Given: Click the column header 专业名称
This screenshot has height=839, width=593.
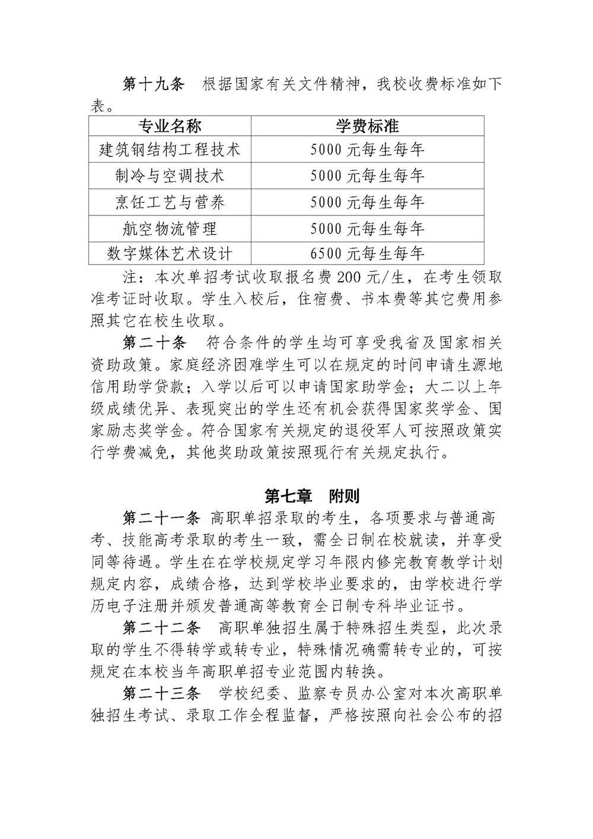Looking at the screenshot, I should pos(170,126).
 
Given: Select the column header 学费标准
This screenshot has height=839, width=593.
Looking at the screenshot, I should pos(367,126).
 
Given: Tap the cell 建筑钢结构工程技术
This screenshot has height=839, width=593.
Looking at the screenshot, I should pos(170,149).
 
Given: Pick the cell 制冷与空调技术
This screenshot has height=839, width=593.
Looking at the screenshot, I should pos(170,176).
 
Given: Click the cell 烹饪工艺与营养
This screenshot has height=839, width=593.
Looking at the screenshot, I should pos(170,202).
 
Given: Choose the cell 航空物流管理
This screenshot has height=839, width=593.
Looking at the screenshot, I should pos(170,228).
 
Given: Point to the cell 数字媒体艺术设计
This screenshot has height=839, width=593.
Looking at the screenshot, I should pos(170,254).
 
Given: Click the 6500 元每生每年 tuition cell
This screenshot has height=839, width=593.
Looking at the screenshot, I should pos(367,254).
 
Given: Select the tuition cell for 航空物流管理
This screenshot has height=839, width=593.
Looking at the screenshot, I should pos(367,228).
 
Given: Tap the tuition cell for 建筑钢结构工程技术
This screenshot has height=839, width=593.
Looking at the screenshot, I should pos(367,149).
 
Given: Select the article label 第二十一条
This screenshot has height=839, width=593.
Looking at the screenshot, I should pos(161,518).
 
